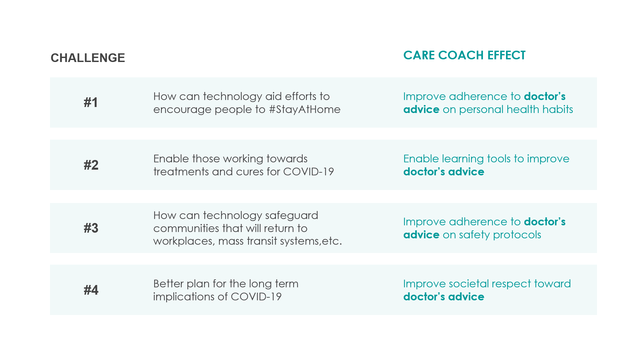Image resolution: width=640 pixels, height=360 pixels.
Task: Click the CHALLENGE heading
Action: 88,58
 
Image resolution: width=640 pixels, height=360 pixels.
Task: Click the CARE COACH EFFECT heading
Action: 464,55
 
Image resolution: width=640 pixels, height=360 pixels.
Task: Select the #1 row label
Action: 91,102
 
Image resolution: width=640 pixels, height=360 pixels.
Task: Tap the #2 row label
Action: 91,165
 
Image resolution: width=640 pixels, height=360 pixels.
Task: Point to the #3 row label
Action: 91,228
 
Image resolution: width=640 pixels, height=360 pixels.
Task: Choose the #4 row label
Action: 91,290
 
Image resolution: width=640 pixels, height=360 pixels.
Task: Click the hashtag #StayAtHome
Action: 304,109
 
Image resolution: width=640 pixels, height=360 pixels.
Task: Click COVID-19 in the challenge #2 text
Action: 308,172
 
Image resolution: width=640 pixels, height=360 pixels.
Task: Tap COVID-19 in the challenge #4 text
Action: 256,297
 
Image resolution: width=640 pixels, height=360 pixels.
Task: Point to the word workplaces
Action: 184,241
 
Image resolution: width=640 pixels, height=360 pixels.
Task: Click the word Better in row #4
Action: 168,284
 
